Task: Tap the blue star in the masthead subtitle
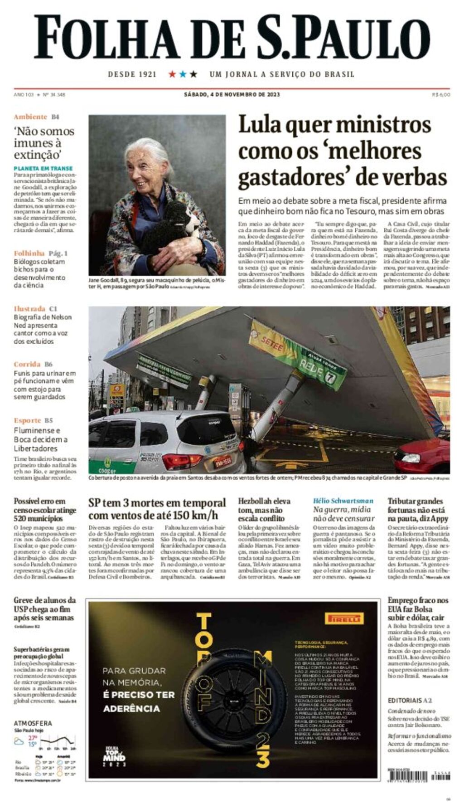pyautogui.click(x=183, y=74)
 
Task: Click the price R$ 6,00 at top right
pyautogui.click(x=441, y=95)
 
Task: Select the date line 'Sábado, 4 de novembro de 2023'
pyautogui.click(x=232, y=95)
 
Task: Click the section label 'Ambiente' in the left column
pyautogui.click(x=30, y=117)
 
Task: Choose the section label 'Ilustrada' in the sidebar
pyautogui.click(x=29, y=309)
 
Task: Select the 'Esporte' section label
pyautogui.click(x=27, y=420)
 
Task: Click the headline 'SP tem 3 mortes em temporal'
pyautogui.click(x=157, y=503)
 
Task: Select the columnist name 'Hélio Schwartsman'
pyautogui.click(x=343, y=501)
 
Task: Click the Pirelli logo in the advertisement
pyautogui.click(x=344, y=619)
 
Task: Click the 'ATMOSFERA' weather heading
pyautogui.click(x=33, y=723)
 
